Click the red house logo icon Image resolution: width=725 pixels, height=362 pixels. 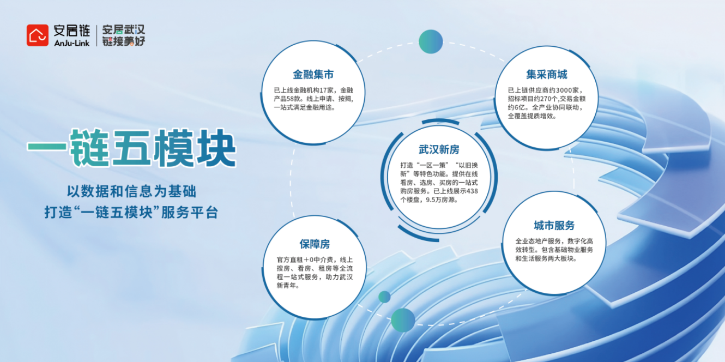(x=38, y=35)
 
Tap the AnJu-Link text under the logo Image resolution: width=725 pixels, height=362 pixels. (x=72, y=43)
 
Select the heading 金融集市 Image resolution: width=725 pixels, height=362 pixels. (x=313, y=75)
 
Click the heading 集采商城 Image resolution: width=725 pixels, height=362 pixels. (x=547, y=75)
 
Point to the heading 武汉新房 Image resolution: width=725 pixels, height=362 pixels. (x=439, y=149)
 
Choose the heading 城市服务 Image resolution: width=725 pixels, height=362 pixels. (x=554, y=225)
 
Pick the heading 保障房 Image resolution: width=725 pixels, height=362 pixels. (x=315, y=244)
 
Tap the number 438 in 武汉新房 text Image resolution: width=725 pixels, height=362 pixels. (x=472, y=191)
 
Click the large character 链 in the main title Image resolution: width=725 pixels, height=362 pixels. (x=89, y=148)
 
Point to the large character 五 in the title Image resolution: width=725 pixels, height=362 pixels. (x=131, y=148)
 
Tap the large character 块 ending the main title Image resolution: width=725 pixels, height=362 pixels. (x=216, y=148)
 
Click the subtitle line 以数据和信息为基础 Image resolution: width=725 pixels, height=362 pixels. (x=132, y=191)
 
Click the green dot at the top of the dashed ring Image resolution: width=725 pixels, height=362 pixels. (x=431, y=42)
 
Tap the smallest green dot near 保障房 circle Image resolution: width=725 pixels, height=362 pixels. (x=384, y=297)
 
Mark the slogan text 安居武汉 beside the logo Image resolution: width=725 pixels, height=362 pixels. (x=124, y=30)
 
